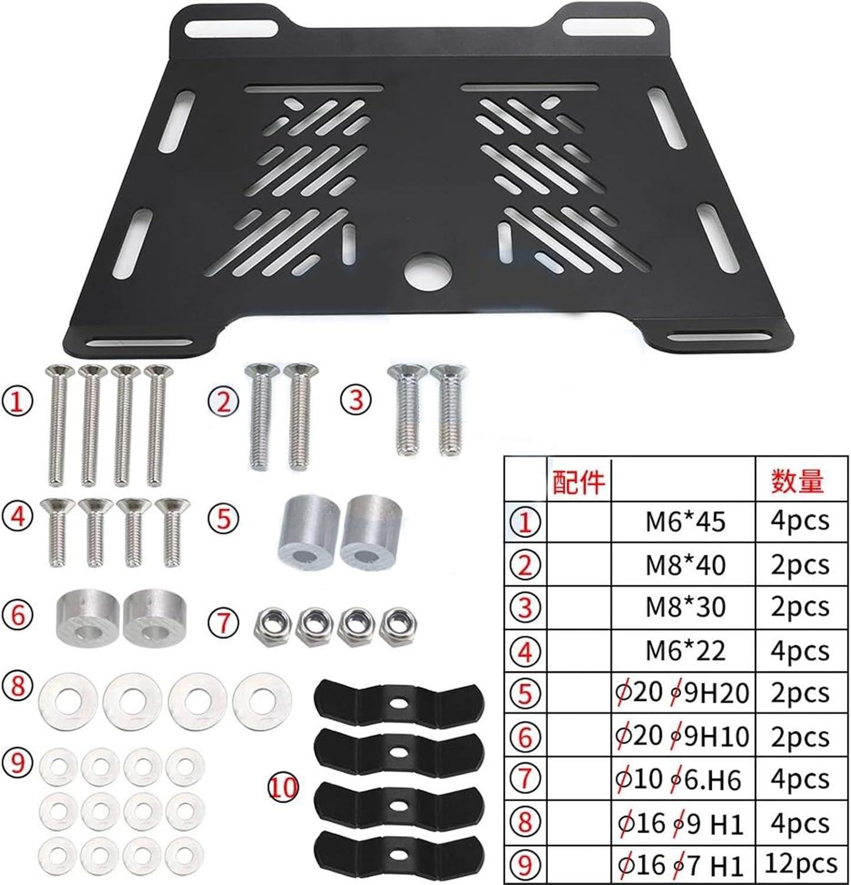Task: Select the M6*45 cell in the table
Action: pos(685,522)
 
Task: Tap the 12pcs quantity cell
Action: pos(800,864)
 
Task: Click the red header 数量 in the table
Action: pos(797,482)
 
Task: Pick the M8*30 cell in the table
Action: pos(685,607)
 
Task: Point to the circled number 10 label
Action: pos(284,787)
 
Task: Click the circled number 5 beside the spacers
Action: pos(224,518)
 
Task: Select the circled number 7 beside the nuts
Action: pos(224,622)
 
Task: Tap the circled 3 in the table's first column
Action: pos(525,608)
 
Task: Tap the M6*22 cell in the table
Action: pos(685,651)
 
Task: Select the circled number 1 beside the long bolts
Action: pos(18,402)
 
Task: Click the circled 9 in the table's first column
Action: pos(525,864)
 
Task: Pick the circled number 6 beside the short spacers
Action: pos(18,615)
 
